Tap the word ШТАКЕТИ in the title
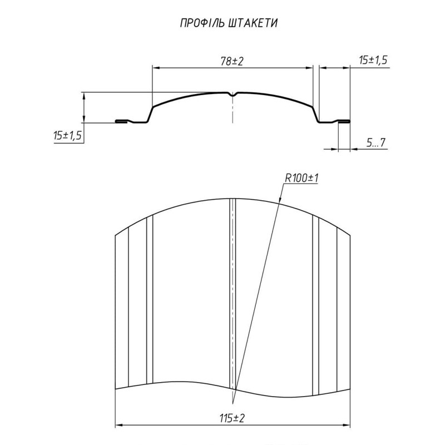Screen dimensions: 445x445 (253, 23)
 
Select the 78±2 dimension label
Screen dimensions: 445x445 (232, 61)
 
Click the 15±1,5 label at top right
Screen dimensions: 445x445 (373, 60)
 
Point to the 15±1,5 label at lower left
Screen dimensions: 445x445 (67, 135)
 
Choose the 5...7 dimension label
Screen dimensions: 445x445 (376, 142)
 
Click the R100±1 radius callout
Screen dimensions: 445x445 (301, 178)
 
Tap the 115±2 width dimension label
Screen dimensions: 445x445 (232, 418)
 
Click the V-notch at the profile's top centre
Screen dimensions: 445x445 (233, 95)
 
